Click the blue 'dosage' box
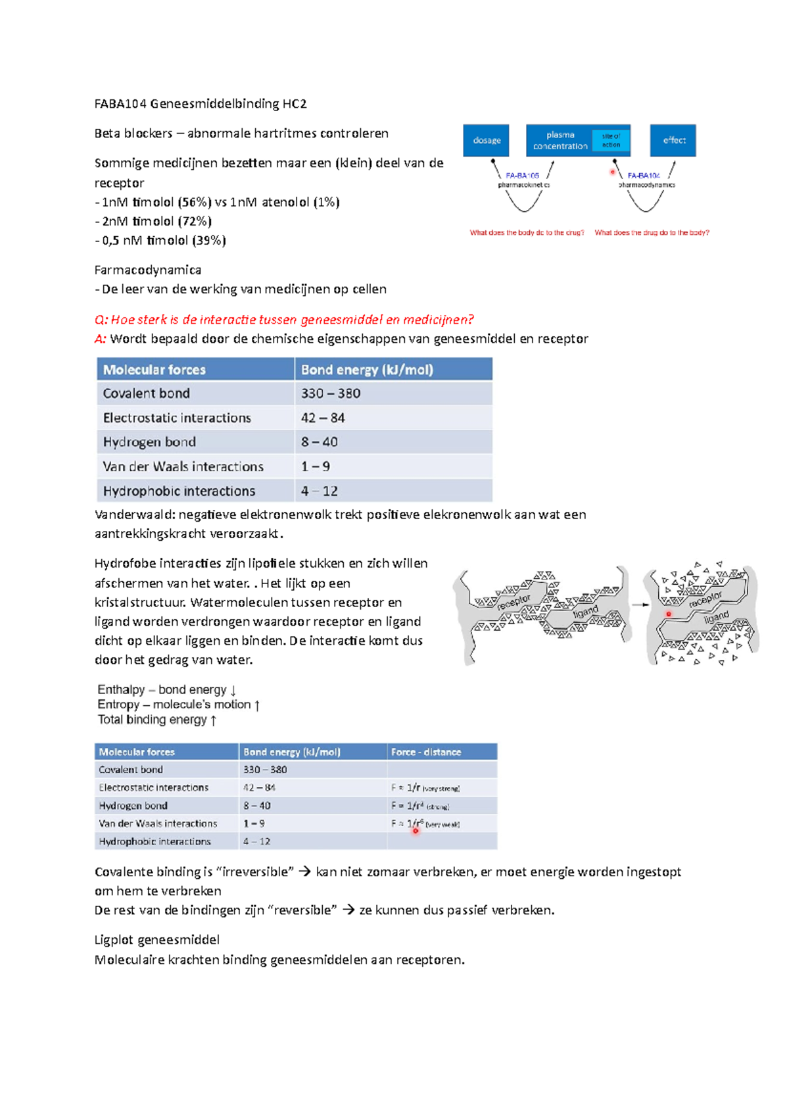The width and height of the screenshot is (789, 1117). point(486,140)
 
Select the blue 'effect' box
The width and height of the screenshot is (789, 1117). point(673,140)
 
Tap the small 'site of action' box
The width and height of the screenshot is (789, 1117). point(611,140)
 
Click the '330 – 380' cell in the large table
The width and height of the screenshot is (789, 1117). point(331,393)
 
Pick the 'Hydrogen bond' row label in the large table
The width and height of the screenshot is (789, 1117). point(149,442)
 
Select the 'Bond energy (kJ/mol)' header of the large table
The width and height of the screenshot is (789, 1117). point(367,370)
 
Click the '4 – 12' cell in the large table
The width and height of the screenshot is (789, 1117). point(320,491)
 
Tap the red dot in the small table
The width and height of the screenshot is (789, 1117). point(416,831)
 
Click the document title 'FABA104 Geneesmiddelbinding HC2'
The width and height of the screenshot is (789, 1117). point(201,103)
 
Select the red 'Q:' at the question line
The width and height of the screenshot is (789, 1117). point(101,320)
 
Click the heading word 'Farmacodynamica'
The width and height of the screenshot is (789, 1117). point(148,270)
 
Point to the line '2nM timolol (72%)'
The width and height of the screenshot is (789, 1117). point(156,221)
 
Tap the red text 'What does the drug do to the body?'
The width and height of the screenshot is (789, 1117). point(652,232)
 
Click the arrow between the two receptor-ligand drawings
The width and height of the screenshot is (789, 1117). point(640,604)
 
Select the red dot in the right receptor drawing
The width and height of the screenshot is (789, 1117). point(669,614)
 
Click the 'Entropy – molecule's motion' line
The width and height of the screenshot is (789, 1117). point(178,705)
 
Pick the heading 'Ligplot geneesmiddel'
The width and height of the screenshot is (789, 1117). point(156,939)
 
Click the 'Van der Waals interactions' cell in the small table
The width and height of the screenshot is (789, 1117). point(158,824)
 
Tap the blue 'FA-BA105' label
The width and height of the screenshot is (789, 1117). point(522,176)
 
